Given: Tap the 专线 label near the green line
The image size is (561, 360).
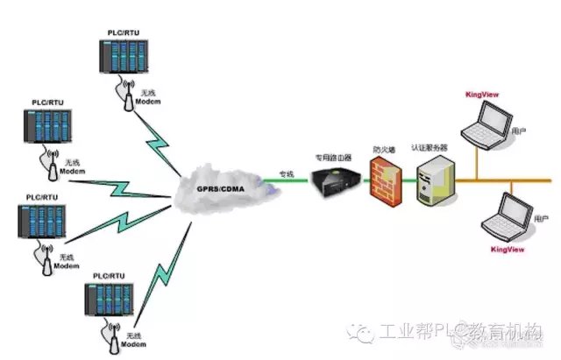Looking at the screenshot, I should pyautogui.click(x=287, y=173).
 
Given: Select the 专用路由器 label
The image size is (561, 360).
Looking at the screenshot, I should pyautogui.click(x=333, y=158).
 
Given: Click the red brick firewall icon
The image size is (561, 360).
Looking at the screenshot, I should pyautogui.click(x=383, y=182).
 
